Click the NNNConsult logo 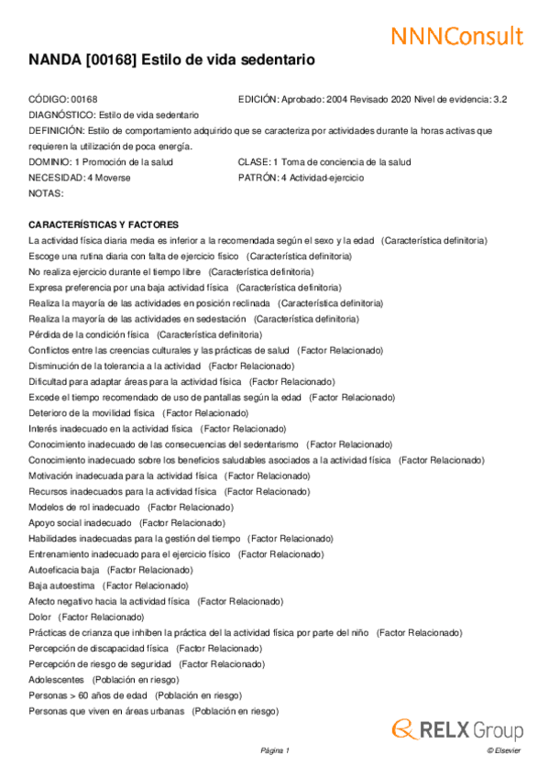pyautogui.click(x=456, y=36)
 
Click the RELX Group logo pyautogui.click(x=457, y=730)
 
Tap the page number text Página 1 pyautogui.click(x=275, y=751)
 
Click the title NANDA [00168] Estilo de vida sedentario pyautogui.click(x=171, y=60)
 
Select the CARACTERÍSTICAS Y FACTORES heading pyautogui.click(x=104, y=224)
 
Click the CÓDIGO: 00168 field pyautogui.click(x=63, y=99)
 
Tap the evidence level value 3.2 pyautogui.click(x=500, y=99)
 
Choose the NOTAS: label pyautogui.click(x=46, y=193)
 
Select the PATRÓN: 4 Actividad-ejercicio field pyautogui.click(x=301, y=178)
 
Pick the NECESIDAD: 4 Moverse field pyautogui.click(x=80, y=178)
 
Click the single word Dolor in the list pyautogui.click(x=41, y=617)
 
